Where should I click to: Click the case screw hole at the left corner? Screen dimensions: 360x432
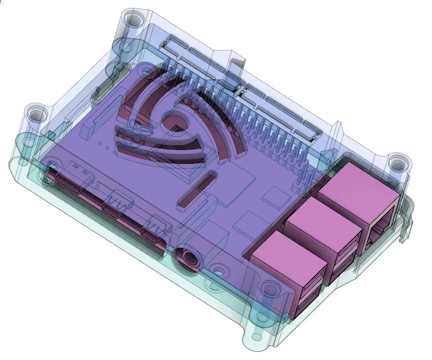(34, 113)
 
